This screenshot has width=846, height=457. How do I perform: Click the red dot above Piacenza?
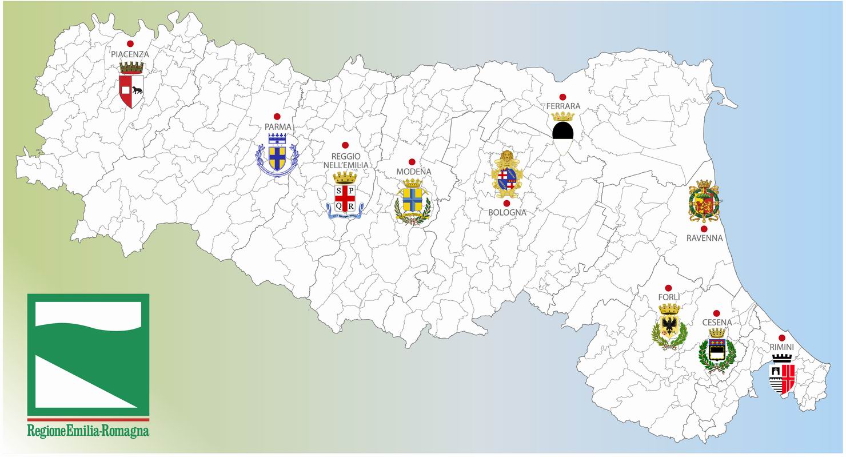pos(130,43)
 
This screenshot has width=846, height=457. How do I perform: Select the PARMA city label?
pos(278,127)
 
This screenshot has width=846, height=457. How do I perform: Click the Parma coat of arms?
pos(277,154)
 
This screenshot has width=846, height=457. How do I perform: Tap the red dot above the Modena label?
pos(412,162)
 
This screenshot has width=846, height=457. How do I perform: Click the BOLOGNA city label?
pos(507,213)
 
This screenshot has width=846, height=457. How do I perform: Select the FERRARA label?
pos(563,106)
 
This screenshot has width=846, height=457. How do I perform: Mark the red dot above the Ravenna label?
pos(704,228)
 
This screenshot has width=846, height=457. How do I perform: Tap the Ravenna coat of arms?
pos(704,201)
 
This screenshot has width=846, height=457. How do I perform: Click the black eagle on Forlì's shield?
pos(669,327)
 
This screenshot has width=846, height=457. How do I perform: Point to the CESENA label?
pos(717,323)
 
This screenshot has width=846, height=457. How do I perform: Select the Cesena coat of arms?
pos(716,351)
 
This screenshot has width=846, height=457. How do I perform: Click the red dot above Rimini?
pos(782,338)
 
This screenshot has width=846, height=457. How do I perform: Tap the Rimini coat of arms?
pos(782,375)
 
